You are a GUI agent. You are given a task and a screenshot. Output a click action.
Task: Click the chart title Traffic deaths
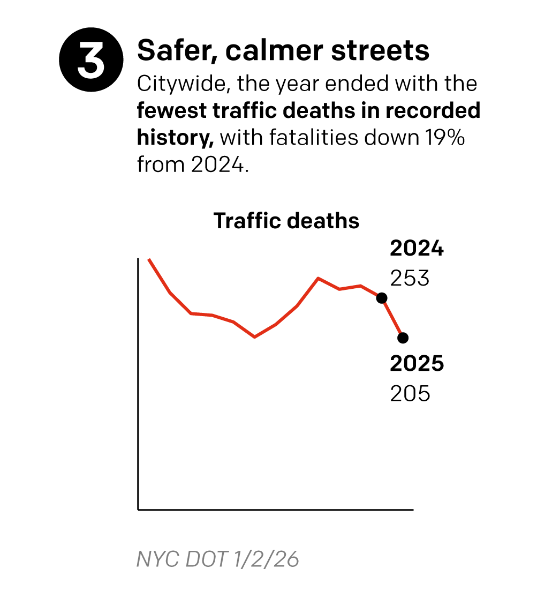coord(286,221)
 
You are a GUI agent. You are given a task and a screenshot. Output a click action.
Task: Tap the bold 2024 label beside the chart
coord(417,249)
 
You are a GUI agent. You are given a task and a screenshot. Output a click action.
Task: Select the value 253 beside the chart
coord(410,279)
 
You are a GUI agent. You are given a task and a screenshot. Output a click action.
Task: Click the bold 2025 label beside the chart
coord(417,364)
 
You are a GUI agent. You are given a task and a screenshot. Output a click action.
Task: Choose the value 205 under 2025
coord(410,394)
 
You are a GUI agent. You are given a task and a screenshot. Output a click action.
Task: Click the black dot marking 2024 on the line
coord(382,298)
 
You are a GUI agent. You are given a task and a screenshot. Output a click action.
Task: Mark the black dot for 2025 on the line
coord(403,338)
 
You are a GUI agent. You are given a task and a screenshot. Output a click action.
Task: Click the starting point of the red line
coord(149,259)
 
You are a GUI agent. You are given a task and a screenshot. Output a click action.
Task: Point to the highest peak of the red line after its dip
coord(319,278)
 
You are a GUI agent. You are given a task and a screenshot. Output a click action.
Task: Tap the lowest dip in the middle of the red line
coord(254,337)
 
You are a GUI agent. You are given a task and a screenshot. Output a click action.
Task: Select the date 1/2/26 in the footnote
coord(266,559)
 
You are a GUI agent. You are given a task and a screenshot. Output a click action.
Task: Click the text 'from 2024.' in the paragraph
coord(193,164)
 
